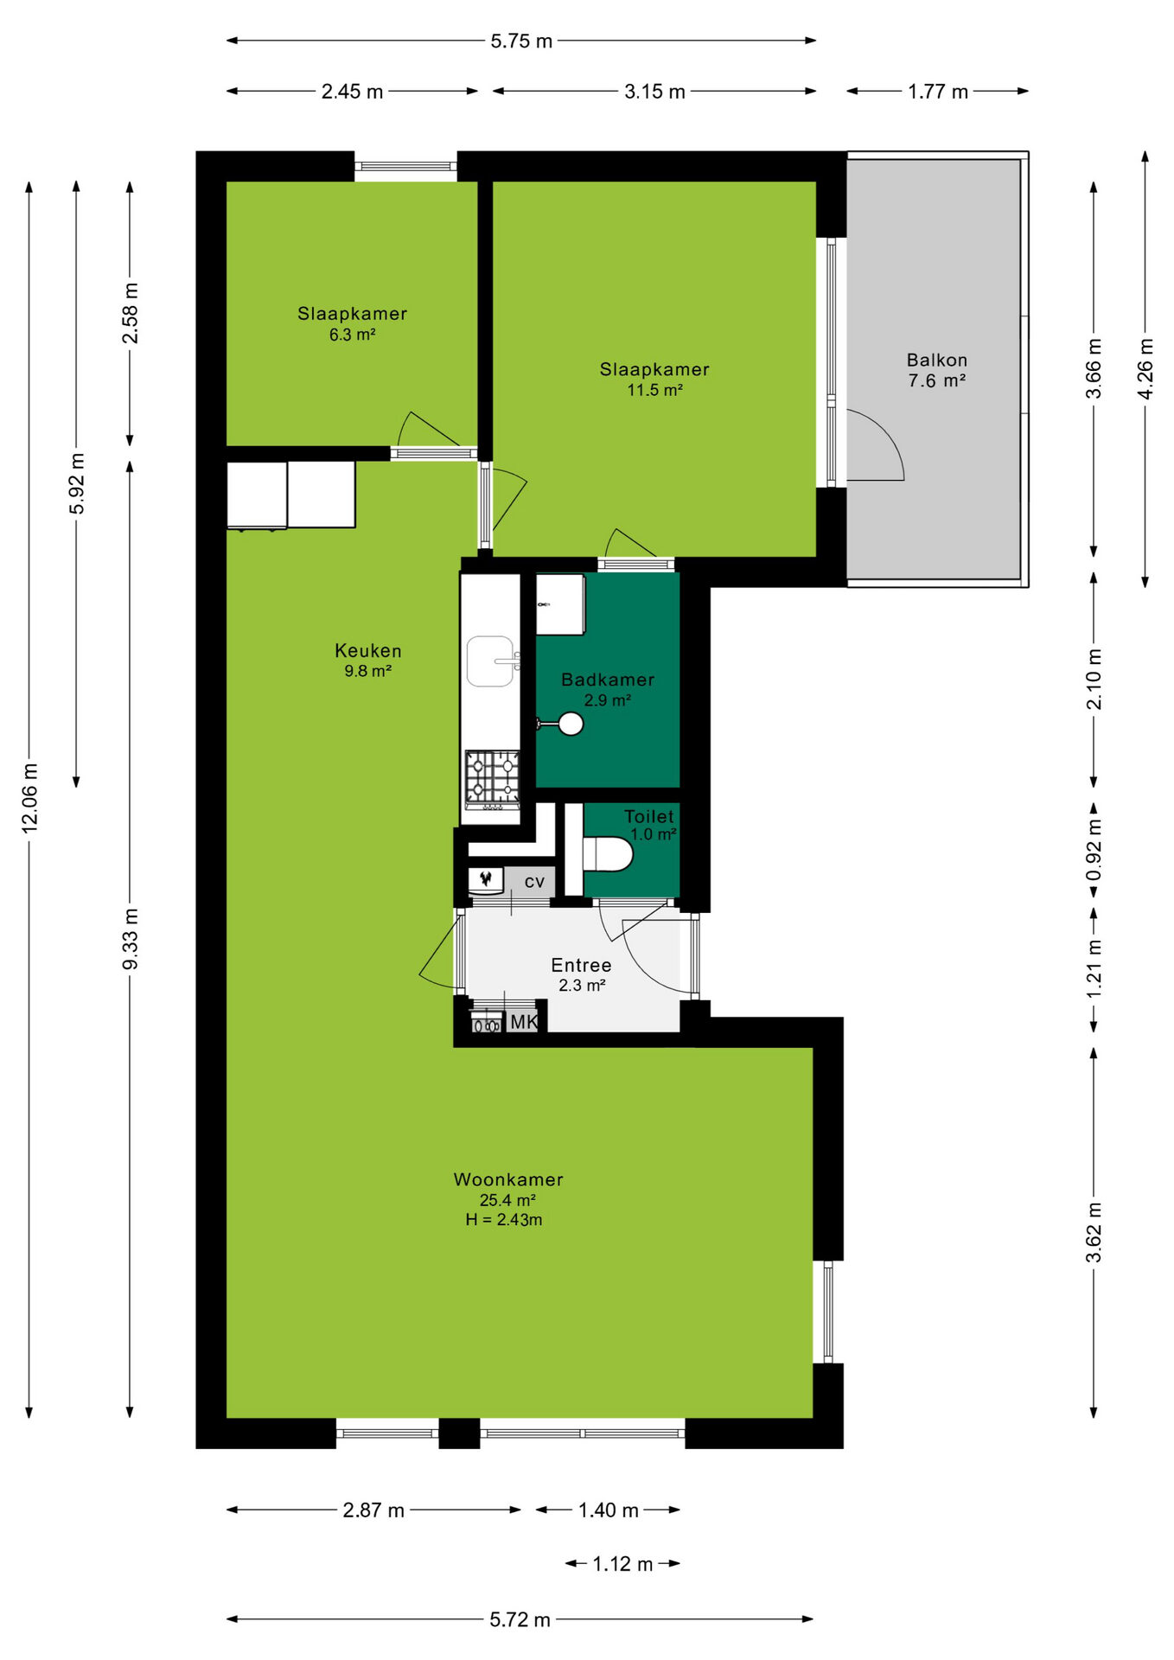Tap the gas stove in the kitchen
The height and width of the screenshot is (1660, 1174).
pos(493,780)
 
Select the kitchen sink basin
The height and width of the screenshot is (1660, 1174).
pos(490,661)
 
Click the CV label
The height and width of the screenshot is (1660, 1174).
pos(534,882)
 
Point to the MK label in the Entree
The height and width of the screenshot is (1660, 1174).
pos(524,1022)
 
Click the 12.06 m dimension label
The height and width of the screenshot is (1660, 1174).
pos(30,798)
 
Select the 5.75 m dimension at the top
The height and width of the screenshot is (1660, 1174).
pos(521,41)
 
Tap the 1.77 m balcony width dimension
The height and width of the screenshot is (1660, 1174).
pos(938,91)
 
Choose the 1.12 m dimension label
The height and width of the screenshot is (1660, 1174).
pos(622,1563)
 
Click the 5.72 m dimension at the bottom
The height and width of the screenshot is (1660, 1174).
pos(520,1619)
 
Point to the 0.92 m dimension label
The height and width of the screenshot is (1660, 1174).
pos(1094,850)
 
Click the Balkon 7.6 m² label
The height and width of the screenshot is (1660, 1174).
pos(937,370)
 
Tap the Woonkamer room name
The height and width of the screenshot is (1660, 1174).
pos(508,1179)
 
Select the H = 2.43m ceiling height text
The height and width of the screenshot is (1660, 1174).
pos(504,1220)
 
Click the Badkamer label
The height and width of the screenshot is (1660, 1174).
pos(608,680)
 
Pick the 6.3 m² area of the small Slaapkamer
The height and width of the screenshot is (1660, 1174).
pos(352,335)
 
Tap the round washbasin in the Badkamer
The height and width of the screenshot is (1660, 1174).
pos(571,724)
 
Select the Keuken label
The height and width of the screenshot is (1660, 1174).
pos(368,650)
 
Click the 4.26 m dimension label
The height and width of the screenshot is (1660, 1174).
pos(1145,369)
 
